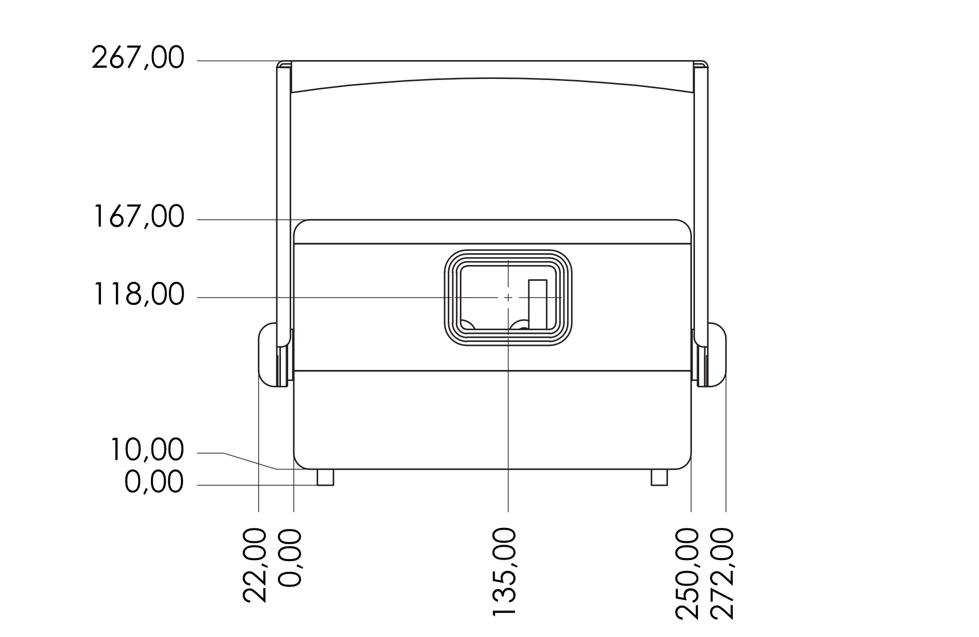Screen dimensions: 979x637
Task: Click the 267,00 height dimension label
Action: (x=138, y=58)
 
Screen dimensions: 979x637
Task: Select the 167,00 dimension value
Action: (x=138, y=217)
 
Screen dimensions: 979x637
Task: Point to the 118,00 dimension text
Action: (x=138, y=295)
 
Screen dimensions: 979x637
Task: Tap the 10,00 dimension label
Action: (x=146, y=450)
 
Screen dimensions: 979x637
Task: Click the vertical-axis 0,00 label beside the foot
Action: (x=153, y=482)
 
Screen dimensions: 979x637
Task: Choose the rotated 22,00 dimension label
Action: (x=255, y=565)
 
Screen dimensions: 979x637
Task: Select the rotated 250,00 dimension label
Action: (x=687, y=574)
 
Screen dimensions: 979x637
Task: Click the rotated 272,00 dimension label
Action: (x=722, y=574)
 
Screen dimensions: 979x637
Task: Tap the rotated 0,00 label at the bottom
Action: (x=290, y=558)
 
